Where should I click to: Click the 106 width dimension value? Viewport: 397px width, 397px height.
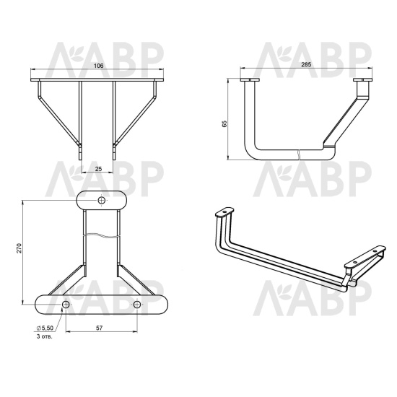click(x=98, y=66)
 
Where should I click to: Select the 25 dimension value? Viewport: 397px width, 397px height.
click(x=98, y=169)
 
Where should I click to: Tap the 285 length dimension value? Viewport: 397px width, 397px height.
click(x=306, y=64)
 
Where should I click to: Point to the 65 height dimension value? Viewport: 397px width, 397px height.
click(x=224, y=124)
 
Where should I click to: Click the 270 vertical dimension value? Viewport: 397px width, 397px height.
click(x=19, y=248)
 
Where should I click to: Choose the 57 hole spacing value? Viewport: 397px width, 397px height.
click(x=100, y=328)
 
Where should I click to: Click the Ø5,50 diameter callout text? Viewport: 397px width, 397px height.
click(x=45, y=328)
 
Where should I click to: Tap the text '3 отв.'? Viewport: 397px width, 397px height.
click(x=45, y=337)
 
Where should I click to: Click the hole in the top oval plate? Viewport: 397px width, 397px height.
click(x=102, y=201)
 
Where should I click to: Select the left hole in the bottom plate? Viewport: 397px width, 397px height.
click(x=66, y=305)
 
